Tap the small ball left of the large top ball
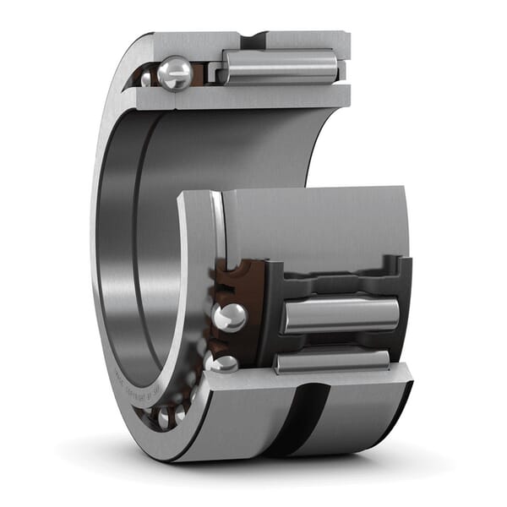click(x=146, y=79)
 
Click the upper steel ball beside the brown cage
click(x=229, y=317)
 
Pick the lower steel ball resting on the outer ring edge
click(x=224, y=363)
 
